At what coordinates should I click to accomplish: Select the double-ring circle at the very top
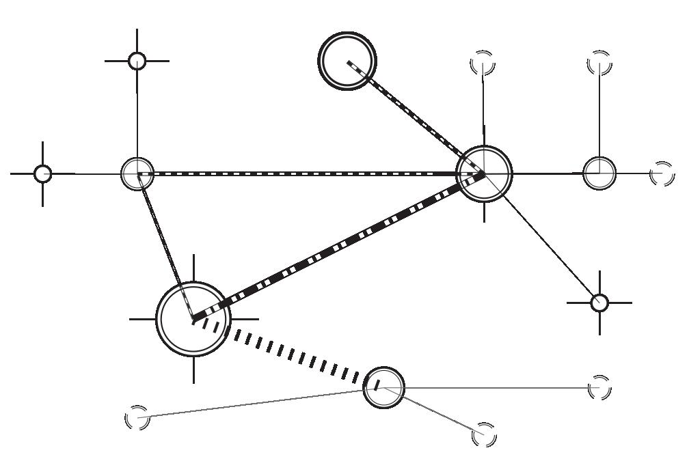click(348, 60)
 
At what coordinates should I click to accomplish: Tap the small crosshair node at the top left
click(137, 61)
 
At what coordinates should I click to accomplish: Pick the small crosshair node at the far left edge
click(43, 173)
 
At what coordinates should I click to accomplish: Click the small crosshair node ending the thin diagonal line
click(599, 302)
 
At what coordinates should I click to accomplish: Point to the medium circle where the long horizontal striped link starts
click(137, 173)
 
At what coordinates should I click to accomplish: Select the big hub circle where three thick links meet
click(484, 173)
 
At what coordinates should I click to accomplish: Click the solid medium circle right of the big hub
click(599, 173)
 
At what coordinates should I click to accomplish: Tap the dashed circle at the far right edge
click(662, 173)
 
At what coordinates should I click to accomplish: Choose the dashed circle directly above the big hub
click(483, 64)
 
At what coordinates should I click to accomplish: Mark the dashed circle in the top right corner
click(599, 64)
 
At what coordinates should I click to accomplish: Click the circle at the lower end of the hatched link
click(383, 387)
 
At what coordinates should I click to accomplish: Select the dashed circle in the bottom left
click(137, 417)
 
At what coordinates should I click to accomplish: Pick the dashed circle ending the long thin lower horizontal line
click(599, 387)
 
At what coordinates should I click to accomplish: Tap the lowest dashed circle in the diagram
click(484, 434)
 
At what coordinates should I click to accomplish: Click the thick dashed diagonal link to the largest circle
click(338, 247)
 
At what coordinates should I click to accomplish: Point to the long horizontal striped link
click(308, 173)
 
